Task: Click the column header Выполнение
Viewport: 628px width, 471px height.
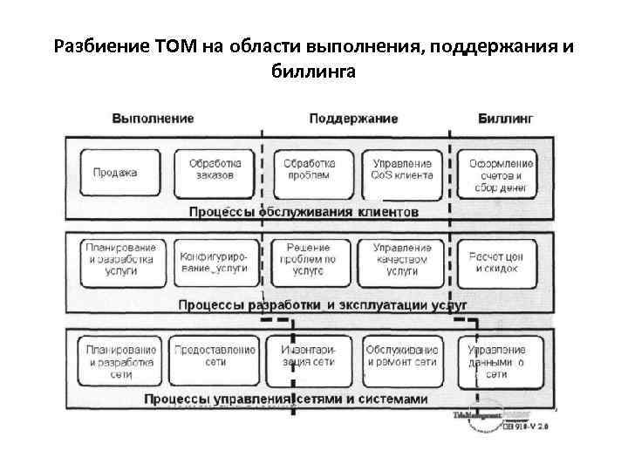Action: [153, 118]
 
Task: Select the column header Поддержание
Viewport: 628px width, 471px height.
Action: [353, 118]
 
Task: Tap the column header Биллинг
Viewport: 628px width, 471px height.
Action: [506, 118]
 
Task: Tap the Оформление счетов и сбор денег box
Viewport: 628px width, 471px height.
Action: [502, 174]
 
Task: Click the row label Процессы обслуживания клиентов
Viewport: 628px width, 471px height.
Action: [304, 212]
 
